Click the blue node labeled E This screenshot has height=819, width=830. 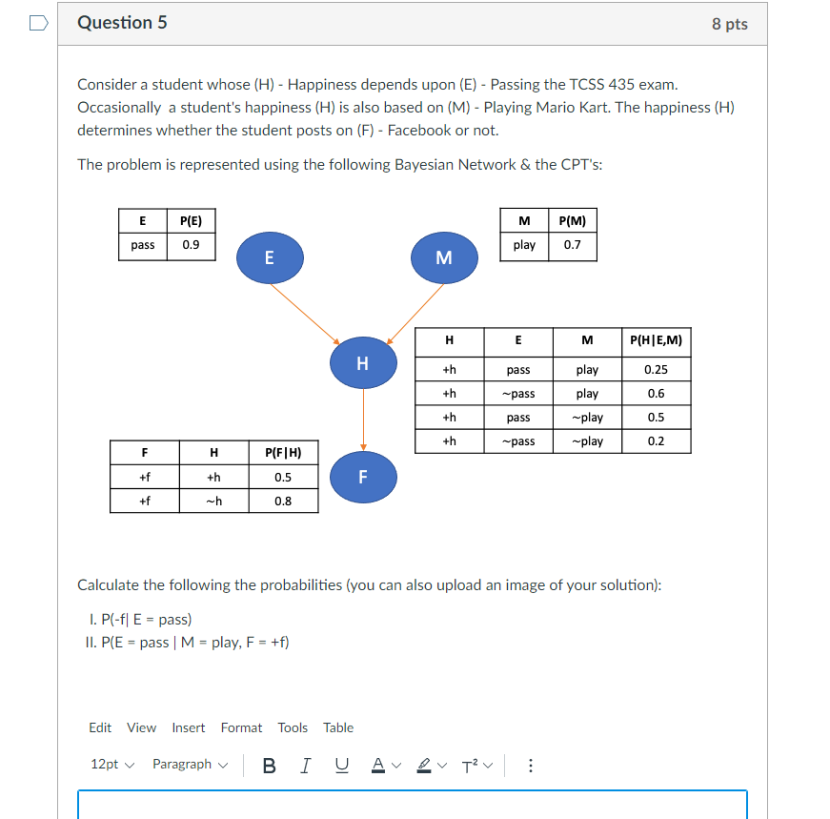270,257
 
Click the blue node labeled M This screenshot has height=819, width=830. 443,257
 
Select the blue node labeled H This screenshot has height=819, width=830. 362,363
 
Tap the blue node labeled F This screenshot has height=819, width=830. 362,477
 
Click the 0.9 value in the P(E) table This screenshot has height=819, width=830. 191,245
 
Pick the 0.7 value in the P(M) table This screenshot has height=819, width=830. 573,245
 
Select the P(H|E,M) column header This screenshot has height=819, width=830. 656,340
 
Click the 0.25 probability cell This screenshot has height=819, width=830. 656,370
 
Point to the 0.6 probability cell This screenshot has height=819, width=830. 656,394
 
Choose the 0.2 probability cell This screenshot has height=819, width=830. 656,441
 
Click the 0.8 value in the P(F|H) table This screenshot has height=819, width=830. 283,501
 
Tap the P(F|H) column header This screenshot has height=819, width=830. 283,452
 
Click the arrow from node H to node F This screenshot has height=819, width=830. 363,420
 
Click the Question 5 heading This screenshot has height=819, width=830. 122,23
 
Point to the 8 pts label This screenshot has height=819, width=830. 729,25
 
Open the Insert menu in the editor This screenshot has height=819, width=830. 188,727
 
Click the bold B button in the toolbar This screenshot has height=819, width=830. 269,765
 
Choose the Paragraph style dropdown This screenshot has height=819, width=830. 191,765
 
